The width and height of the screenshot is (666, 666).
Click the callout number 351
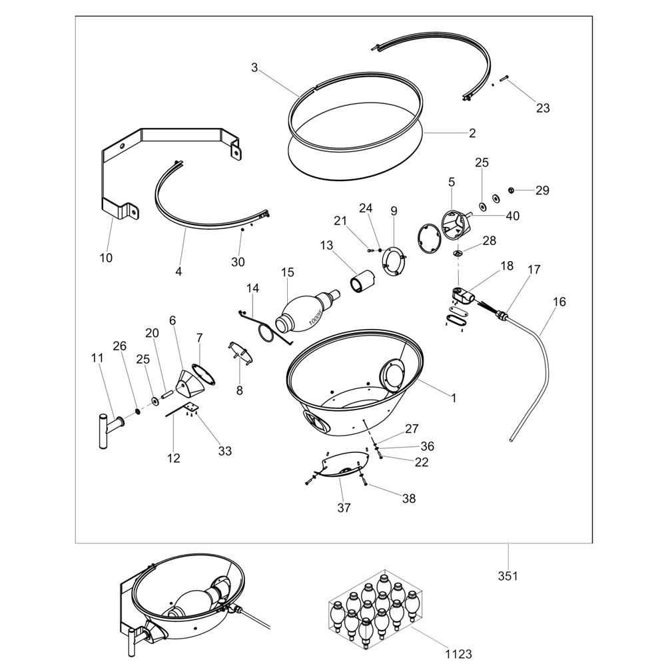(507, 576)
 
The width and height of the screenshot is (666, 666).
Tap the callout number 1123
(459, 654)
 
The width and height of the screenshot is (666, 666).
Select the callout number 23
(542, 108)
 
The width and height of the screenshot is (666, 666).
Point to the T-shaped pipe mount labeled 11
(111, 430)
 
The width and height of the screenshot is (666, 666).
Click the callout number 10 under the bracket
(106, 257)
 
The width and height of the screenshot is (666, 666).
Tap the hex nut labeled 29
(511, 190)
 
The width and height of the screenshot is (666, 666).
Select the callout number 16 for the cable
(559, 302)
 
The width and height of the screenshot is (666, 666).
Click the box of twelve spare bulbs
(375, 605)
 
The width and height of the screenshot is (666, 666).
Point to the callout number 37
(344, 507)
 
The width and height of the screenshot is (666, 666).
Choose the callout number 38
(409, 498)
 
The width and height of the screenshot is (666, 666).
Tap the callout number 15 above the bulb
(288, 272)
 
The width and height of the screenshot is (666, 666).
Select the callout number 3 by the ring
(254, 67)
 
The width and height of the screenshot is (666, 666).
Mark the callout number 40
(512, 216)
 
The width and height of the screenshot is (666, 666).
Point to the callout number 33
(224, 451)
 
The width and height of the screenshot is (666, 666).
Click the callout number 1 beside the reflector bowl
(454, 398)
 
